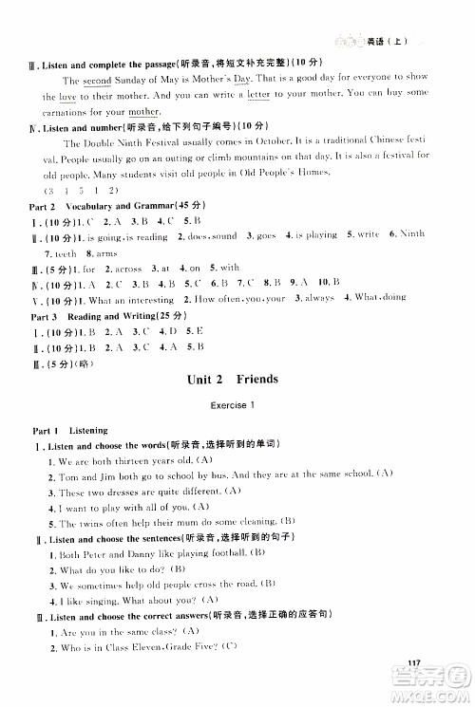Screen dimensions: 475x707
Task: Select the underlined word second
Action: click(98, 81)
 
